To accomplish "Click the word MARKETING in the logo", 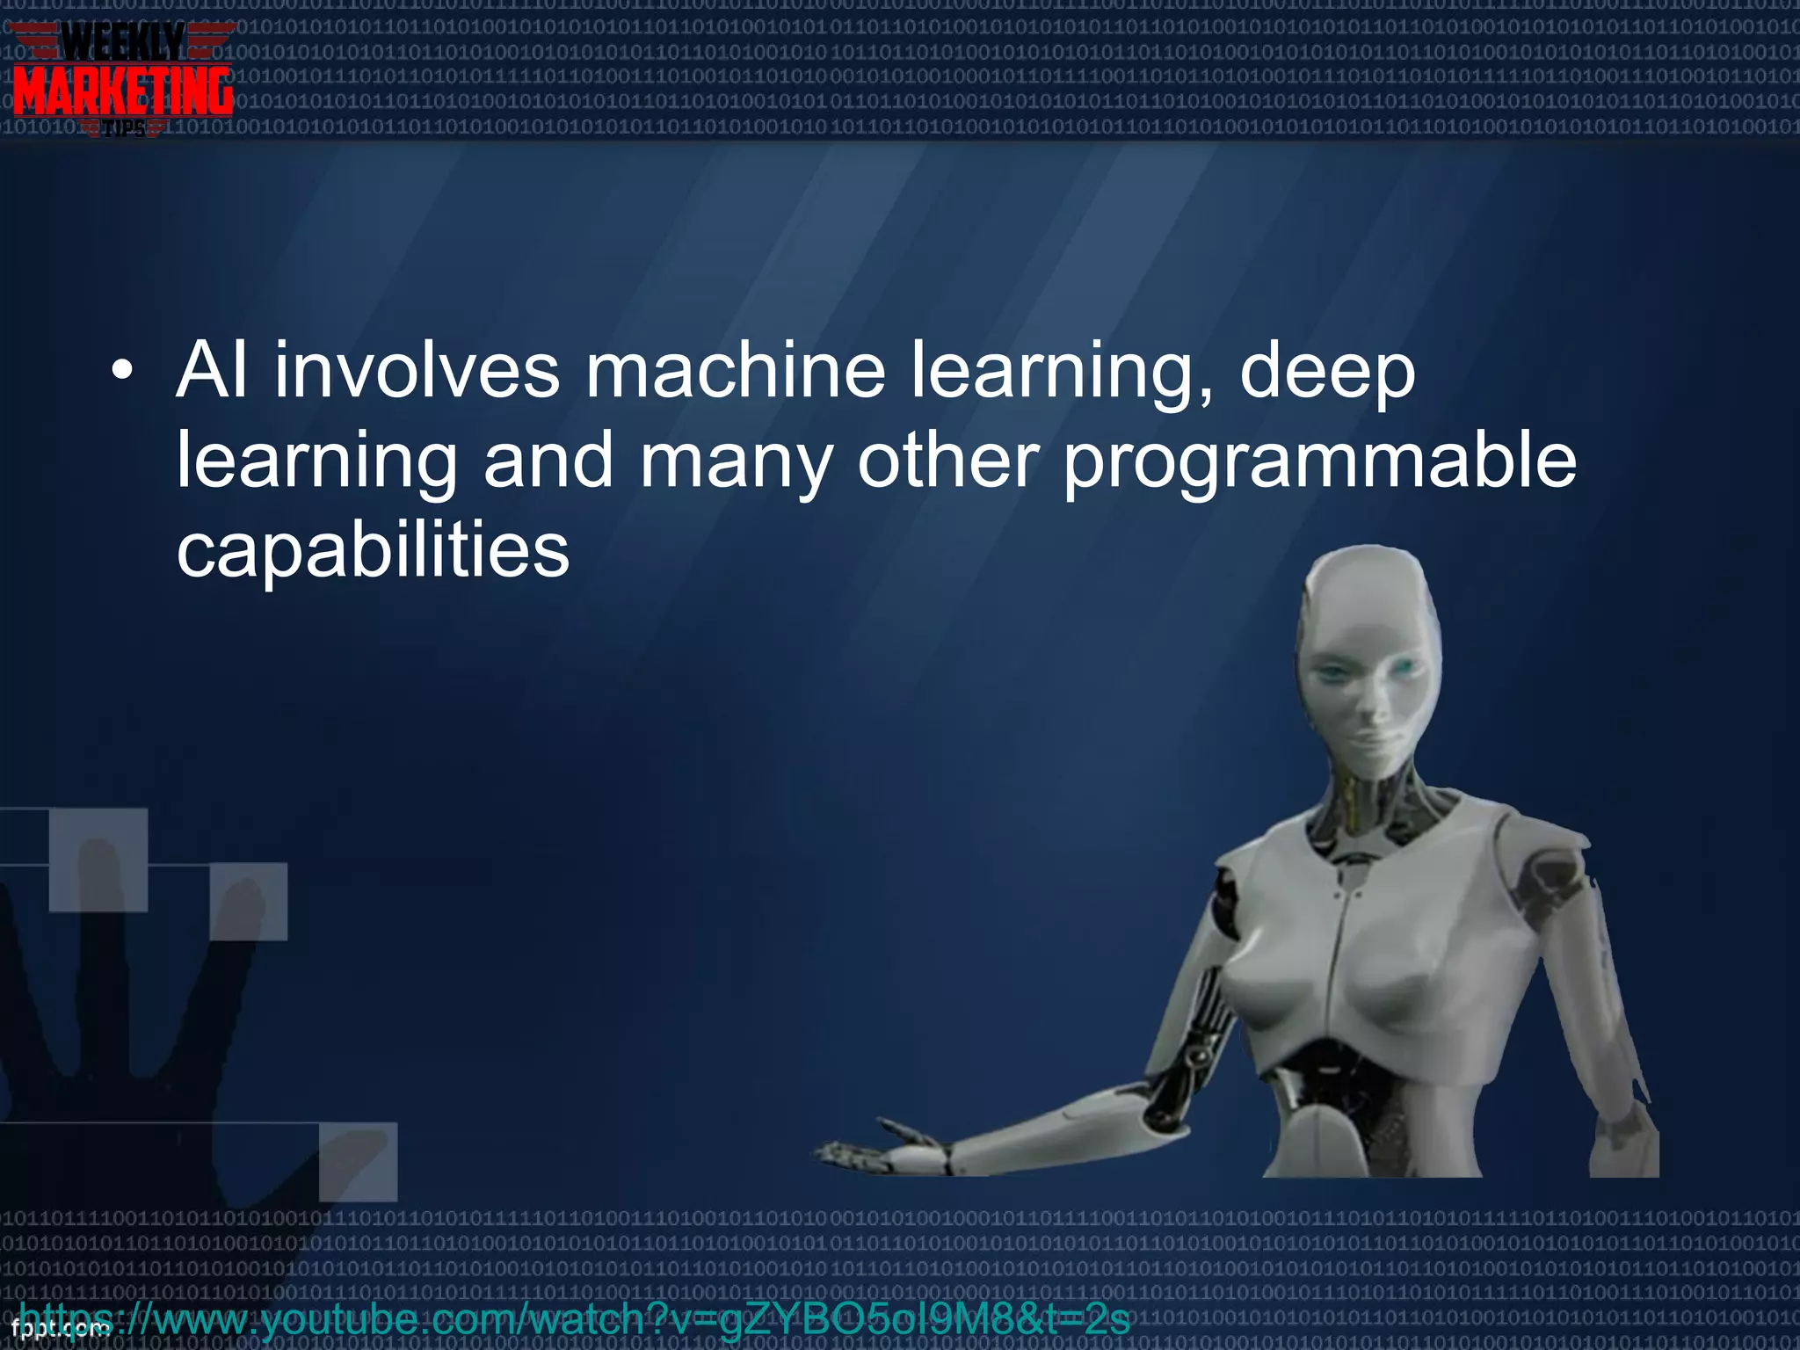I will click(123, 91).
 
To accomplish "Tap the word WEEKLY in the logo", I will click(123, 42).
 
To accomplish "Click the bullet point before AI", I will click(122, 372).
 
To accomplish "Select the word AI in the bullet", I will click(211, 371).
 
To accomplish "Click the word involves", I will click(417, 371).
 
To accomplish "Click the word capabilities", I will click(373, 552).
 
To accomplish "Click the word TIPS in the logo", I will click(124, 130).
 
